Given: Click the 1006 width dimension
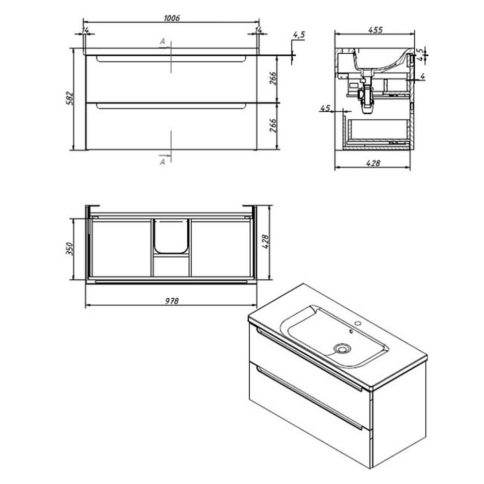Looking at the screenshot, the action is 172,18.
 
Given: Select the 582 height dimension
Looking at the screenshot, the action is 70,98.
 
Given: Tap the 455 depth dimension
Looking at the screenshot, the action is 376,30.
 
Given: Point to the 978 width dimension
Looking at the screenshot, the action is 171,301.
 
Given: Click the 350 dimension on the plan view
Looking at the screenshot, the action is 70,249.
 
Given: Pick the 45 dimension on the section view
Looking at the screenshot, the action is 325,108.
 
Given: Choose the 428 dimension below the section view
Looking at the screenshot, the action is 373,163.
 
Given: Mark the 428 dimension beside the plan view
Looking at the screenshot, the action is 266,242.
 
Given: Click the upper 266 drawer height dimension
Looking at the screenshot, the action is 273,78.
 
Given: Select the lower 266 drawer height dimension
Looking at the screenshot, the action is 273,125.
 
